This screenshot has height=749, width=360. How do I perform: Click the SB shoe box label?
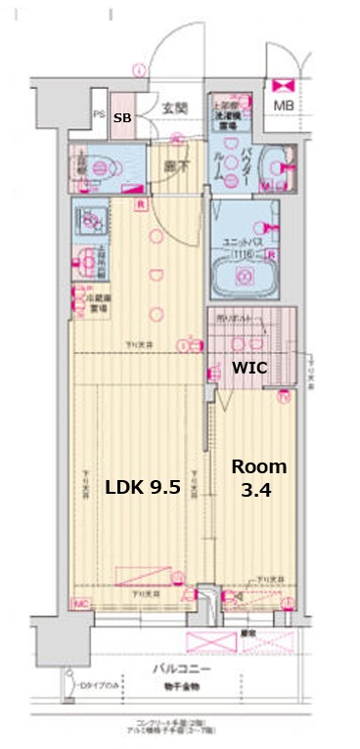(x=122, y=117)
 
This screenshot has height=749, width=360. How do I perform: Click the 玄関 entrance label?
(x=174, y=109)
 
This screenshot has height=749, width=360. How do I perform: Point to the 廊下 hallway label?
(x=176, y=167)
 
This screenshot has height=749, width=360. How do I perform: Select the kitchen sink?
(x=90, y=221)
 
